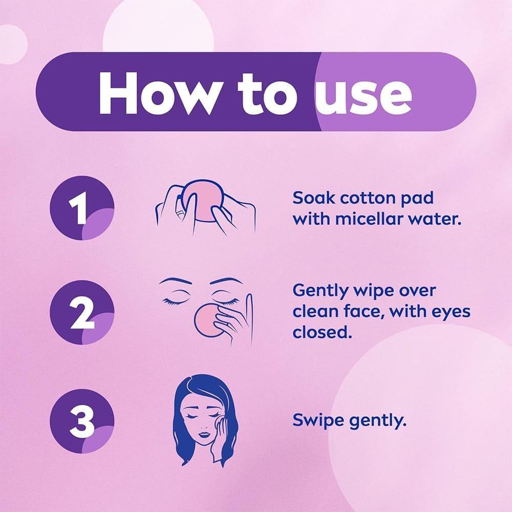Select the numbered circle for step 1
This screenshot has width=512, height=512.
tap(82, 208)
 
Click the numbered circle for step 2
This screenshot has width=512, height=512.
tap(82, 312)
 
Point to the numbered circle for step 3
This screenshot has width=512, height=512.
tap(82, 421)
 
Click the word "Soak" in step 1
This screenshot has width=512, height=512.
tap(313, 198)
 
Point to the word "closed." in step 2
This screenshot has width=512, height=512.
tap(322, 332)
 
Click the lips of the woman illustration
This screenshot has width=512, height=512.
tap(204, 435)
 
